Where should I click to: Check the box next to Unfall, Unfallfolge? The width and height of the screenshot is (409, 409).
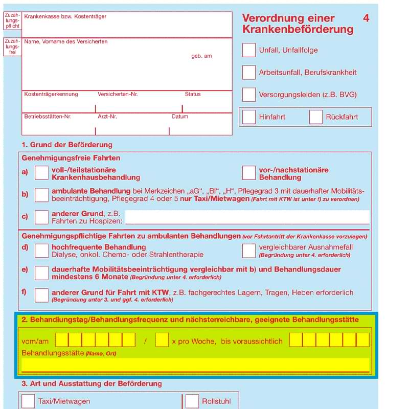tap(249, 50)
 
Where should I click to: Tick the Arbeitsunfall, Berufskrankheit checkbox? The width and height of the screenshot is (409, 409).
tap(249, 72)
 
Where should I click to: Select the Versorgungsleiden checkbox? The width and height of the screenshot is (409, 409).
tap(249, 95)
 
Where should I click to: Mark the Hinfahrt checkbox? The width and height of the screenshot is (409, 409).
tap(249, 117)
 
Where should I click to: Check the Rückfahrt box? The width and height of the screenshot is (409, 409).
tap(316, 117)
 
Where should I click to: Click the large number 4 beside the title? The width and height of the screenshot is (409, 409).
tap(366, 18)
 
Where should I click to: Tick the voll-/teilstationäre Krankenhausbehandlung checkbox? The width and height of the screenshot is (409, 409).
tap(41, 173)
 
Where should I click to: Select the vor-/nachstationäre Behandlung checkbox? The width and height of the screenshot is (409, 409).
tap(249, 173)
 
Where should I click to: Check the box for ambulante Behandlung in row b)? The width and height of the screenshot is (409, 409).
tap(41, 195)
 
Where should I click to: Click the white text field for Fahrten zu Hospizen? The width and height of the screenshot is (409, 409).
tap(247, 217)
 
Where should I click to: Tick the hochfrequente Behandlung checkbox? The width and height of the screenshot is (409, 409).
tap(41, 251)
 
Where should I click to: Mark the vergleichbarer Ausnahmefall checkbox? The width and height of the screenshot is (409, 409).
tap(249, 251)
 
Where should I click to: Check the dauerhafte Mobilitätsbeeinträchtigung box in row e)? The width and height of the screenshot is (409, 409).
tap(41, 273)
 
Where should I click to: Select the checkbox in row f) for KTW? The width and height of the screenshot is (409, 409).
tap(41, 295)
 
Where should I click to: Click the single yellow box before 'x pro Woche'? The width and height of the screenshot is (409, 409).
tap(162, 340)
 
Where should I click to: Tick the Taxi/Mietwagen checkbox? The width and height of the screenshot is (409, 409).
tap(28, 401)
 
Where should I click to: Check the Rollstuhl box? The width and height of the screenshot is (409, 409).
tap(192, 401)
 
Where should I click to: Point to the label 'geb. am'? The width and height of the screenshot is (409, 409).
tap(201, 56)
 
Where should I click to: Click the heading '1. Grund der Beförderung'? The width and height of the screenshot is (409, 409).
tap(67, 145)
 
